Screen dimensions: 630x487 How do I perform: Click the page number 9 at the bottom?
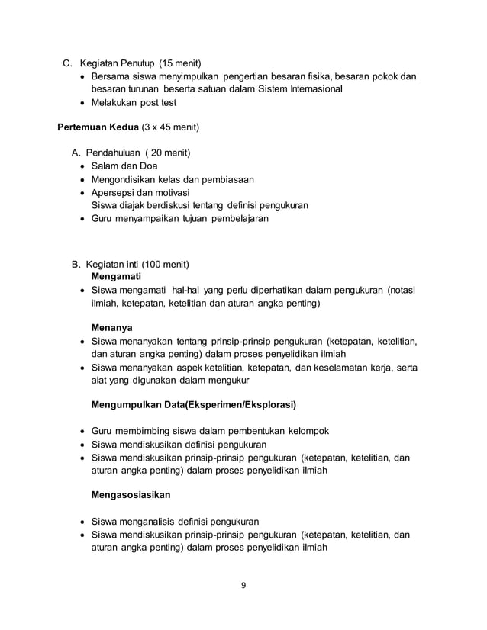[x=243, y=586]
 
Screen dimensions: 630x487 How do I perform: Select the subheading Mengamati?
[x=116, y=276]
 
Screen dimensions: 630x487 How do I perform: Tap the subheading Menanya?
[x=112, y=327]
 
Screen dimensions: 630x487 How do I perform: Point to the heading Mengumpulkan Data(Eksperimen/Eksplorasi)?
[x=194, y=404]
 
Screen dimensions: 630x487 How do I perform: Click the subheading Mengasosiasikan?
[x=131, y=495]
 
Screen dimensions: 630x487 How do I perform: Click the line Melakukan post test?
[x=134, y=102]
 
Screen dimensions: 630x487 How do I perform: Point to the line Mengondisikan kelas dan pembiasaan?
[x=173, y=179]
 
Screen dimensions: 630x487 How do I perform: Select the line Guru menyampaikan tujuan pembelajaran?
[x=180, y=218]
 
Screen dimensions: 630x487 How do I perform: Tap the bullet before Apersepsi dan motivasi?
[x=84, y=193]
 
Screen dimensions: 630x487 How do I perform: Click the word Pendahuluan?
[x=118, y=153]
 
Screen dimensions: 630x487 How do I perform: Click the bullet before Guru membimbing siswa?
[x=84, y=431]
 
